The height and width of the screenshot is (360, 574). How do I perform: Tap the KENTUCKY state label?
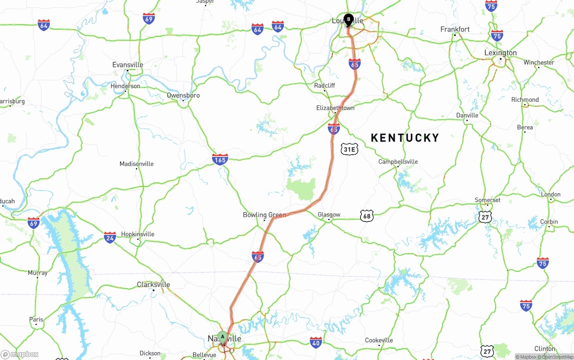(x=405, y=138)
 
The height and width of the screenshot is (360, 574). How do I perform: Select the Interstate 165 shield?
(x=220, y=159)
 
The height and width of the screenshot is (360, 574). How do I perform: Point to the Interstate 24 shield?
(x=110, y=237)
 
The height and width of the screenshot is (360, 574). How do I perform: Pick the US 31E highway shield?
(x=349, y=149)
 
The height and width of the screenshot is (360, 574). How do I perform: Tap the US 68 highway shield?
(x=367, y=217)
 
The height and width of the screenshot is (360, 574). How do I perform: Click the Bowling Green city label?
(x=264, y=215)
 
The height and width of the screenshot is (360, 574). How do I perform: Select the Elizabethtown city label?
(x=335, y=108)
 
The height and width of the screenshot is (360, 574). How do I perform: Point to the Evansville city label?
(x=128, y=65)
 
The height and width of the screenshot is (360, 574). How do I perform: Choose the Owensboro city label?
(x=183, y=95)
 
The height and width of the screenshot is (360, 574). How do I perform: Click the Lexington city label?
(x=500, y=53)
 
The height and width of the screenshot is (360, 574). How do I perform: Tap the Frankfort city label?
(x=455, y=30)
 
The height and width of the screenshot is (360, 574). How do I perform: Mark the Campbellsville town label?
(x=398, y=162)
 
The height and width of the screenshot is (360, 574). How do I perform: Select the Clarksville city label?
(x=153, y=285)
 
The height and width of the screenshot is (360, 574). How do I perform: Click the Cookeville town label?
(x=379, y=340)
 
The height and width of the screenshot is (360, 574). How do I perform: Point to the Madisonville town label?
(x=136, y=164)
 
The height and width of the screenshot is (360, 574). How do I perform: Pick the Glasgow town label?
(x=329, y=215)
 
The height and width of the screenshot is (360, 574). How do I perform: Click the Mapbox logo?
(x=20, y=354)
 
